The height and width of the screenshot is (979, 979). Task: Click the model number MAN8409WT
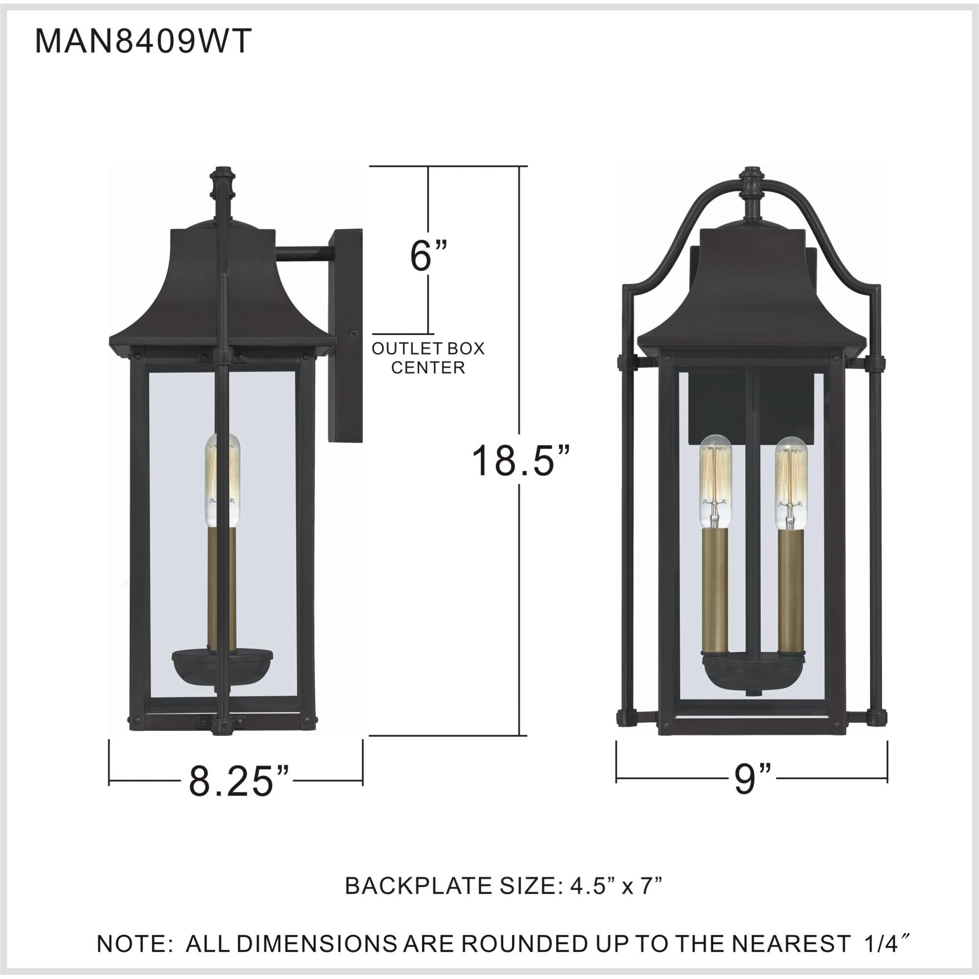[x=143, y=41]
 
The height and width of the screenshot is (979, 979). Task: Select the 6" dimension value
[x=429, y=256]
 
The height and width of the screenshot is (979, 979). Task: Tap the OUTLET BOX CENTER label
[x=428, y=358]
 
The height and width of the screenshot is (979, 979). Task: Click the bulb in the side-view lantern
[x=221, y=479]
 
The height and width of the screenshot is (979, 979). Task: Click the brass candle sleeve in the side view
[x=221, y=587]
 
